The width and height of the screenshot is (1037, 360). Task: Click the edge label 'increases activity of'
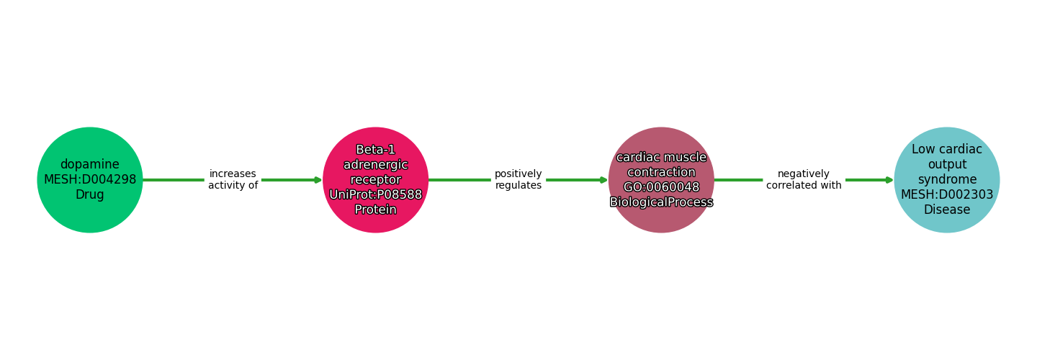pyautogui.click(x=233, y=180)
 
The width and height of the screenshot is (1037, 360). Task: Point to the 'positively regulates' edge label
pyautogui.click(x=518, y=180)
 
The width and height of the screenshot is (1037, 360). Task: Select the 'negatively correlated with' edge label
pyautogui.click(x=804, y=180)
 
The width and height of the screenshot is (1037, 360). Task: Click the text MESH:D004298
pyautogui.click(x=90, y=180)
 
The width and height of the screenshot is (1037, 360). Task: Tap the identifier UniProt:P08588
pyautogui.click(x=375, y=195)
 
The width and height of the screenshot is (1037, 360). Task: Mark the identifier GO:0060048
pyautogui.click(x=661, y=187)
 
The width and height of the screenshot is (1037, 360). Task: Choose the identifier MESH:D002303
pyautogui.click(x=946, y=195)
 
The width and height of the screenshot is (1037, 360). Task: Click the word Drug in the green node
pyautogui.click(x=90, y=195)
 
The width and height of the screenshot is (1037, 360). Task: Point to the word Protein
pyautogui.click(x=375, y=210)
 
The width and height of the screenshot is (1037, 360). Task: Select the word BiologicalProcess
pyautogui.click(x=661, y=202)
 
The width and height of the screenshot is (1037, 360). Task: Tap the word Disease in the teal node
pyautogui.click(x=946, y=210)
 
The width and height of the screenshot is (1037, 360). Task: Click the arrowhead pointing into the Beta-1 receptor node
pyautogui.click(x=318, y=180)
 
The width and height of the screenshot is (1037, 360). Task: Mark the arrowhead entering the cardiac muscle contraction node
pyautogui.click(x=603, y=180)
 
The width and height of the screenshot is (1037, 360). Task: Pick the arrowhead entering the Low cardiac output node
pyautogui.click(x=889, y=180)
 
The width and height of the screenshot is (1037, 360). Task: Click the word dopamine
pyautogui.click(x=90, y=165)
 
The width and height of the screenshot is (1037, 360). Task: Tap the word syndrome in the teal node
pyautogui.click(x=946, y=180)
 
